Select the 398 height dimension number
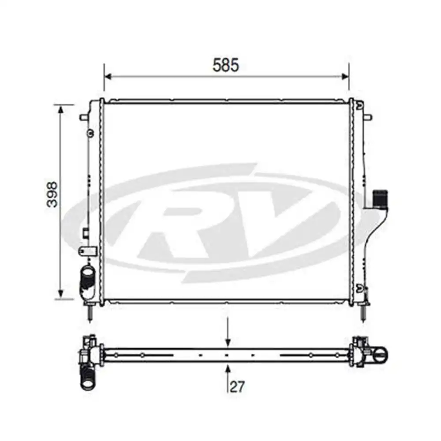(53, 194)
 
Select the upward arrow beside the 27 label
(228, 367)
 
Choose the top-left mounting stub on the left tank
(84, 118)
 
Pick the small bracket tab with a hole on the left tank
(87, 250)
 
